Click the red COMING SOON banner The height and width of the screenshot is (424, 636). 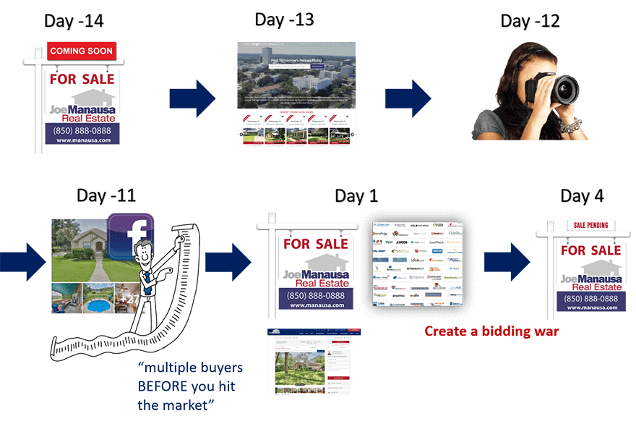click(81, 51)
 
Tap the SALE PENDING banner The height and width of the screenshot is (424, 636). click(590, 226)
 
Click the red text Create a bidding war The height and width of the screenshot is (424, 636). click(491, 331)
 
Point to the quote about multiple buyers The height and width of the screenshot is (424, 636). click(190, 386)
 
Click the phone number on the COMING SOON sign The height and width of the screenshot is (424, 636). click(82, 130)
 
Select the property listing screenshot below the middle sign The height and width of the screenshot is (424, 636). click(314, 362)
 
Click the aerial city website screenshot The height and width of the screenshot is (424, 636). click(296, 94)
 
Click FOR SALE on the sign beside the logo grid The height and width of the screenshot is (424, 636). click(316, 244)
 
